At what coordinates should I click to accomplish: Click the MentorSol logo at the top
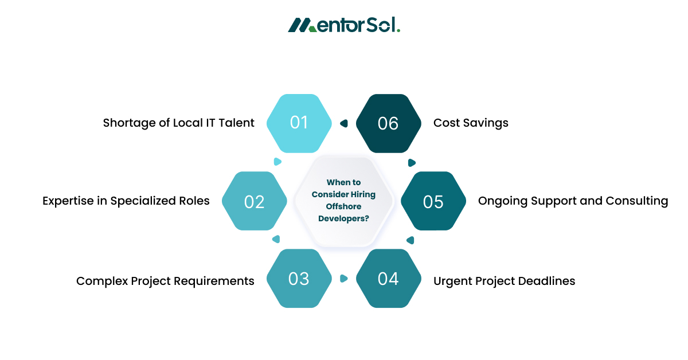(344, 25)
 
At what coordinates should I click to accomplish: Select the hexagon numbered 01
(299, 123)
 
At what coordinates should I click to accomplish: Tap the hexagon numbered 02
(254, 201)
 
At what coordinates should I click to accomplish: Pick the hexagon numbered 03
(299, 279)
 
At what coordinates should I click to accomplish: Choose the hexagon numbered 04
(388, 279)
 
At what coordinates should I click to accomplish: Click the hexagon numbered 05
(433, 201)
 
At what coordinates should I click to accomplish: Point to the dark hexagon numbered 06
(388, 123)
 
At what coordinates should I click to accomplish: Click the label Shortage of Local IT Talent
(178, 123)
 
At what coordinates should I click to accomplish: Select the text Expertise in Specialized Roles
(126, 201)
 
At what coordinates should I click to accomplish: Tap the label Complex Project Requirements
(165, 281)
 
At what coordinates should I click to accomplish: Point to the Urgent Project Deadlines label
(504, 281)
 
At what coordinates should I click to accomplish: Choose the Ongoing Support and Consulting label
(573, 201)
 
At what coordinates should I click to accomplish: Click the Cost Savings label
(471, 123)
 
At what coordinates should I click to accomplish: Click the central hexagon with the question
(343, 201)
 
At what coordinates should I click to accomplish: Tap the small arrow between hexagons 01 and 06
(344, 123)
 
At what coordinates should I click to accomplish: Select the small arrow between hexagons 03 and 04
(343, 279)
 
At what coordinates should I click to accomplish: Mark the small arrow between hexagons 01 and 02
(277, 162)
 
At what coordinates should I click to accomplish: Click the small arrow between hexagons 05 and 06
(411, 162)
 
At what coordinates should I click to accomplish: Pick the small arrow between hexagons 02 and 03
(276, 239)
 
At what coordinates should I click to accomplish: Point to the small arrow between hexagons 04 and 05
(410, 240)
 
